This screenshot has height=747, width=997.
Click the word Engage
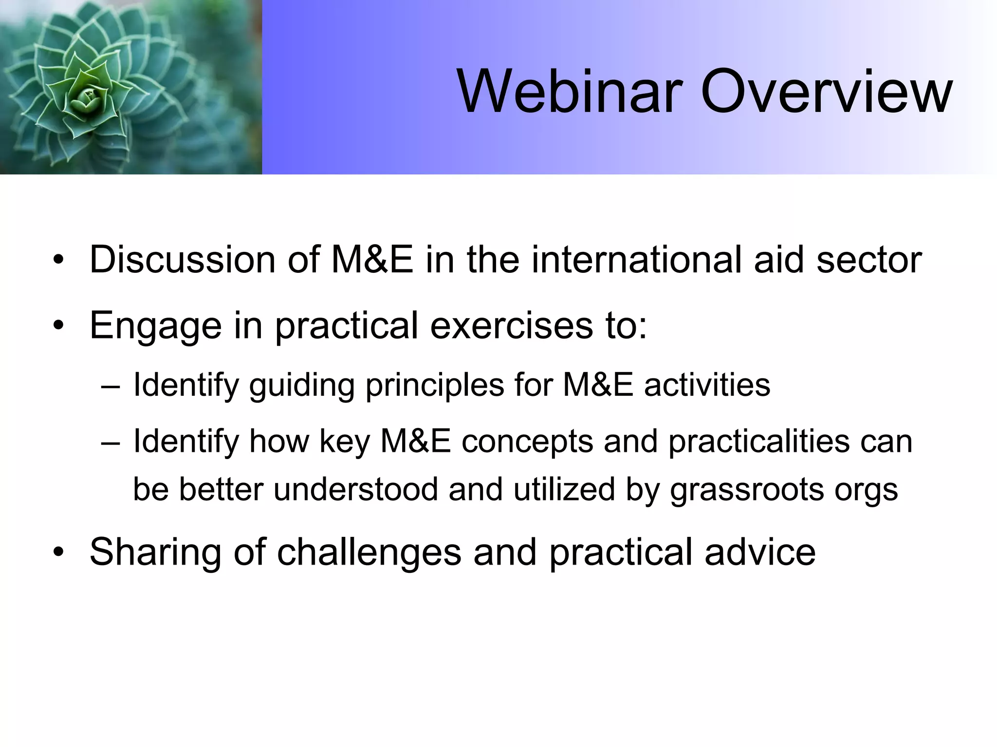pyautogui.click(x=155, y=326)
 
